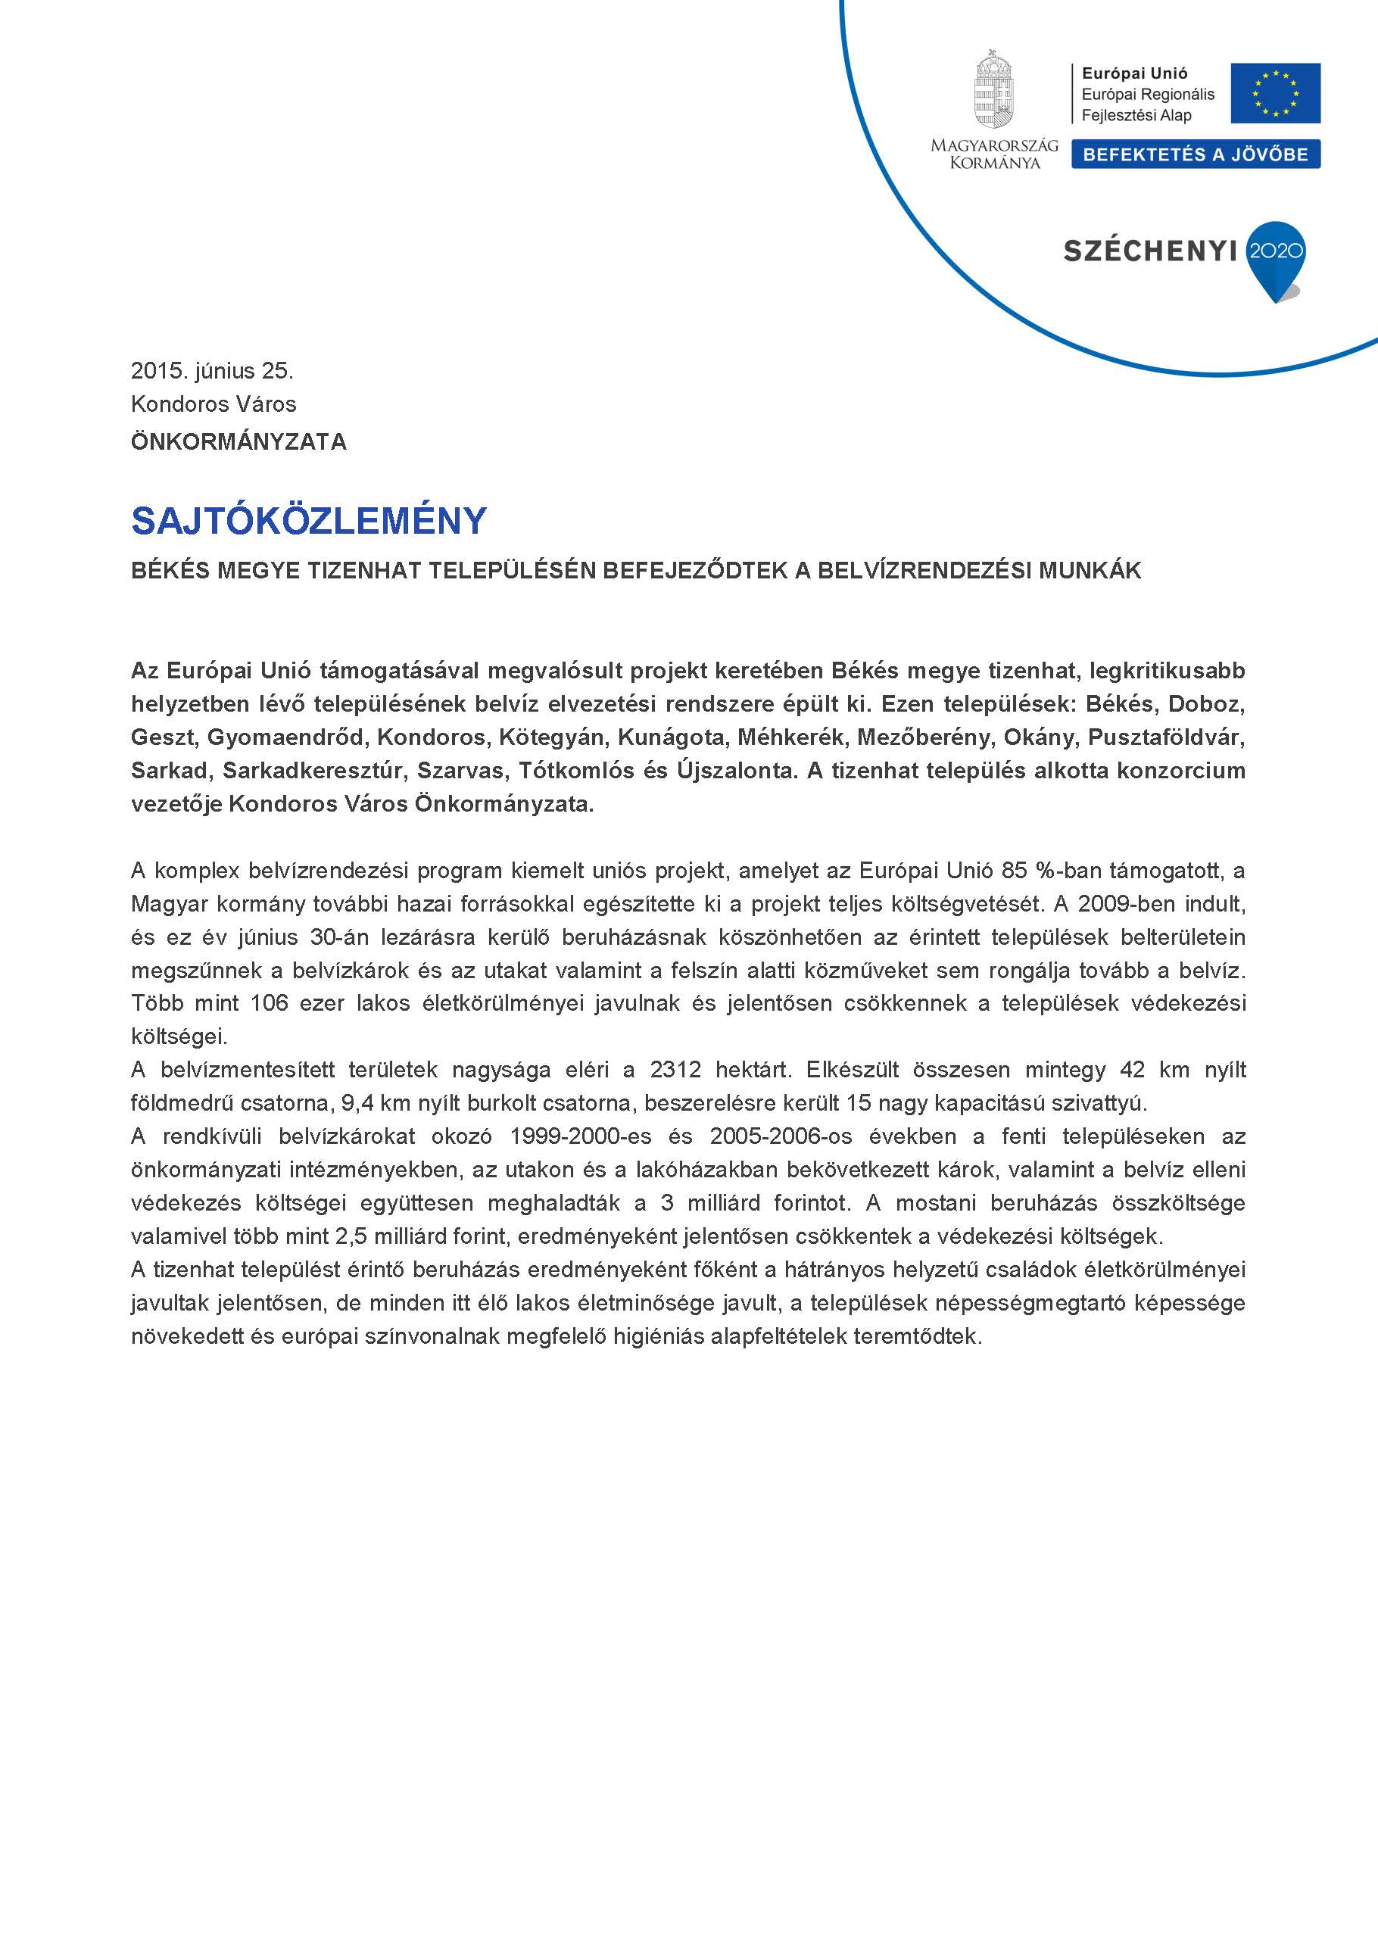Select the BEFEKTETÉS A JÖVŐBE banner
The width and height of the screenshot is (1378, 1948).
[x=1195, y=154]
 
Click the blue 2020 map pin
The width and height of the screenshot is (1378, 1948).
[x=1275, y=256]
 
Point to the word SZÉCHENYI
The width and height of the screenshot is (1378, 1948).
[x=1150, y=251]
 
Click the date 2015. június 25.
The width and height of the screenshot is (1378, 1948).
[x=212, y=371]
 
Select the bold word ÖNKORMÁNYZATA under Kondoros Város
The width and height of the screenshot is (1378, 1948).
[x=238, y=442]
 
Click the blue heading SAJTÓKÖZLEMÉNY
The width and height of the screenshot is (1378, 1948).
[x=309, y=520]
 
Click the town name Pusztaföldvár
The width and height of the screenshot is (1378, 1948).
[x=1167, y=737]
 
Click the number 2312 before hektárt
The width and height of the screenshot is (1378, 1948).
[x=675, y=1070]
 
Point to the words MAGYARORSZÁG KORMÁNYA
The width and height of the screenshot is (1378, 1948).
[x=994, y=154]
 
